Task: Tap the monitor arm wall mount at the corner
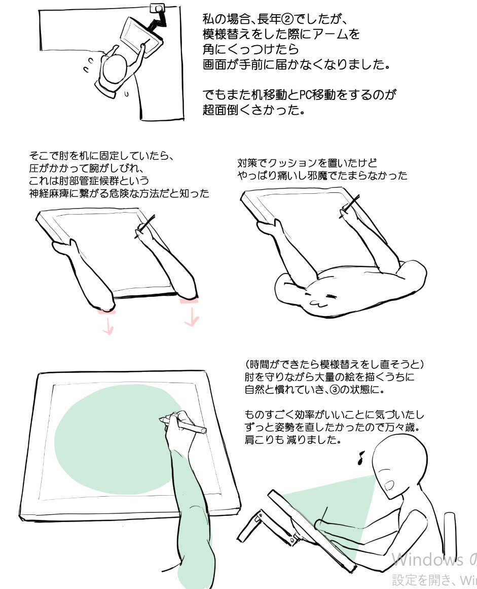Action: click(158, 9)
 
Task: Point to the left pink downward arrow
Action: click(108, 327)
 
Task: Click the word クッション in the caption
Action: click(293, 163)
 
